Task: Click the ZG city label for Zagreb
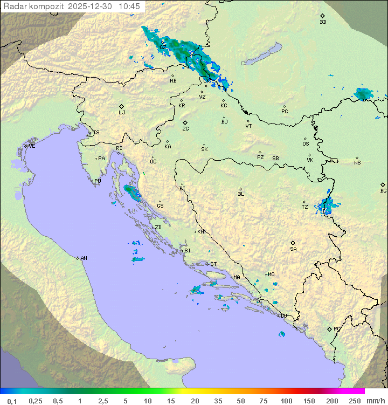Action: click(185, 129)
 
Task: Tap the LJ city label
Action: click(122, 113)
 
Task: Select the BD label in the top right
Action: click(323, 22)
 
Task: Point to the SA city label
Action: click(293, 249)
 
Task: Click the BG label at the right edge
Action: click(383, 190)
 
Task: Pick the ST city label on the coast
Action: click(213, 264)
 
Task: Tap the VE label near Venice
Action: click(32, 146)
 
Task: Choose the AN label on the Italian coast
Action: click(84, 258)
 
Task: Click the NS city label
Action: click(357, 163)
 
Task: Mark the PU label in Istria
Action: click(98, 181)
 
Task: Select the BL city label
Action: click(241, 194)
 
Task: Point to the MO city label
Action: click(271, 274)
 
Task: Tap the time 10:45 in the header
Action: click(129, 6)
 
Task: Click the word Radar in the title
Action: click(15, 6)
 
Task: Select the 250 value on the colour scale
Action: click(355, 401)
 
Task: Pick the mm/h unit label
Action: click(375, 401)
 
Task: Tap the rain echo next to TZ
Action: click(327, 205)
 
